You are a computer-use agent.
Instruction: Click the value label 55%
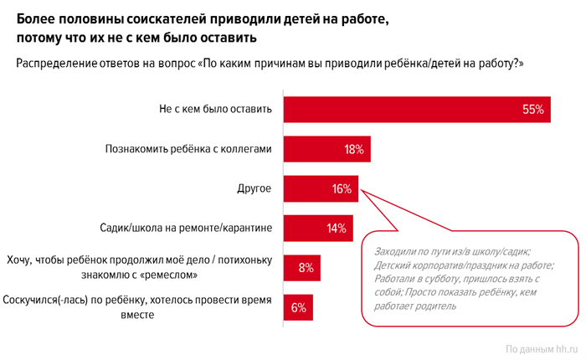[x=532, y=110]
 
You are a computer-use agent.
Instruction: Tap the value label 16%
[x=341, y=189]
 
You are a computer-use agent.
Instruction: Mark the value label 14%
[x=337, y=229]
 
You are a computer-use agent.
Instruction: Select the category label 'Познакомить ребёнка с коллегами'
[x=188, y=150]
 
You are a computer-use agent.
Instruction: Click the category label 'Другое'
[x=254, y=189]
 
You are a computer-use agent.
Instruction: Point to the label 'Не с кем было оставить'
[x=215, y=110]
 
